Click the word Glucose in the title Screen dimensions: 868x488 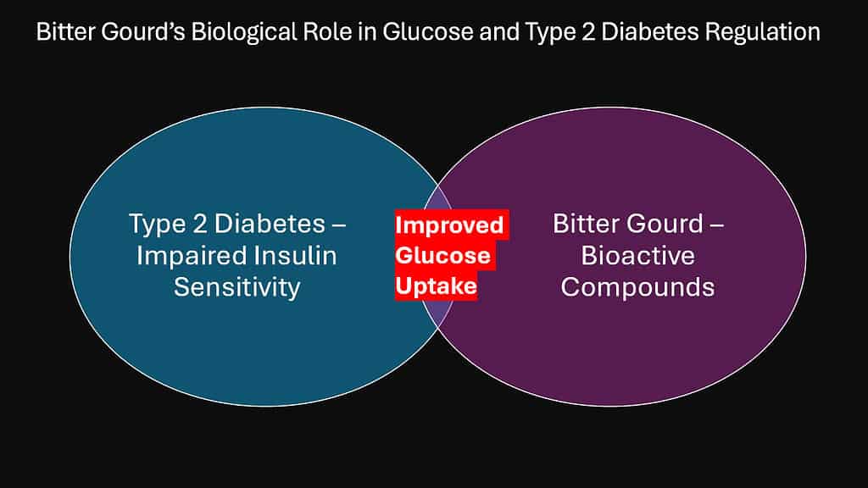pos(428,31)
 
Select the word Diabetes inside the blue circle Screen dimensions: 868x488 pos(270,224)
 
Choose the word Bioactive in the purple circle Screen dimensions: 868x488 pos(637,256)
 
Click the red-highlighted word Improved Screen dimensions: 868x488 pos(449,225)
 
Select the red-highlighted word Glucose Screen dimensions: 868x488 pos(442,256)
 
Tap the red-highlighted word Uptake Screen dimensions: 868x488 pos(437,286)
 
